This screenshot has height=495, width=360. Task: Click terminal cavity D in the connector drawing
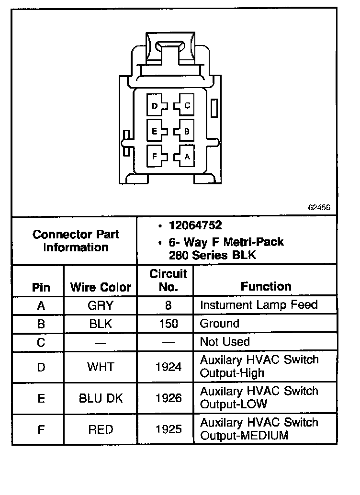click(x=156, y=106)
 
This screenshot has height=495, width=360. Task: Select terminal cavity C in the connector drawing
click(x=185, y=106)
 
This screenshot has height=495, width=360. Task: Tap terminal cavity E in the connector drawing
click(x=156, y=131)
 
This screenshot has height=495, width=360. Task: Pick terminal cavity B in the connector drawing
click(x=185, y=131)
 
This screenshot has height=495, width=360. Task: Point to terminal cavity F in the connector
click(x=156, y=156)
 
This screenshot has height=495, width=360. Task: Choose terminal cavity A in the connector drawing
click(x=185, y=156)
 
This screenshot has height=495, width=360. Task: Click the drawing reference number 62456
click(x=319, y=208)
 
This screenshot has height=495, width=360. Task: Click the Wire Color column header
click(x=101, y=287)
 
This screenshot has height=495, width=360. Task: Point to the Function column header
click(x=266, y=287)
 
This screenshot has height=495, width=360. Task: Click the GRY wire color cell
click(x=101, y=305)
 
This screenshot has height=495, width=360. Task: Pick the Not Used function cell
click(x=225, y=342)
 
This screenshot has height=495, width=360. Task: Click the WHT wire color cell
click(x=101, y=367)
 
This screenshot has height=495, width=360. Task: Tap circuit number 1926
click(x=169, y=398)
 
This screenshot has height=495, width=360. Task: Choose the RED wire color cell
click(x=101, y=429)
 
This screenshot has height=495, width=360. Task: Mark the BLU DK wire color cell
click(x=101, y=398)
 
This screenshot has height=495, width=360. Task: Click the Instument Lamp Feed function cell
click(x=259, y=305)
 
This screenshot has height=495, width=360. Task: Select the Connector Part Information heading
click(x=76, y=241)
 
